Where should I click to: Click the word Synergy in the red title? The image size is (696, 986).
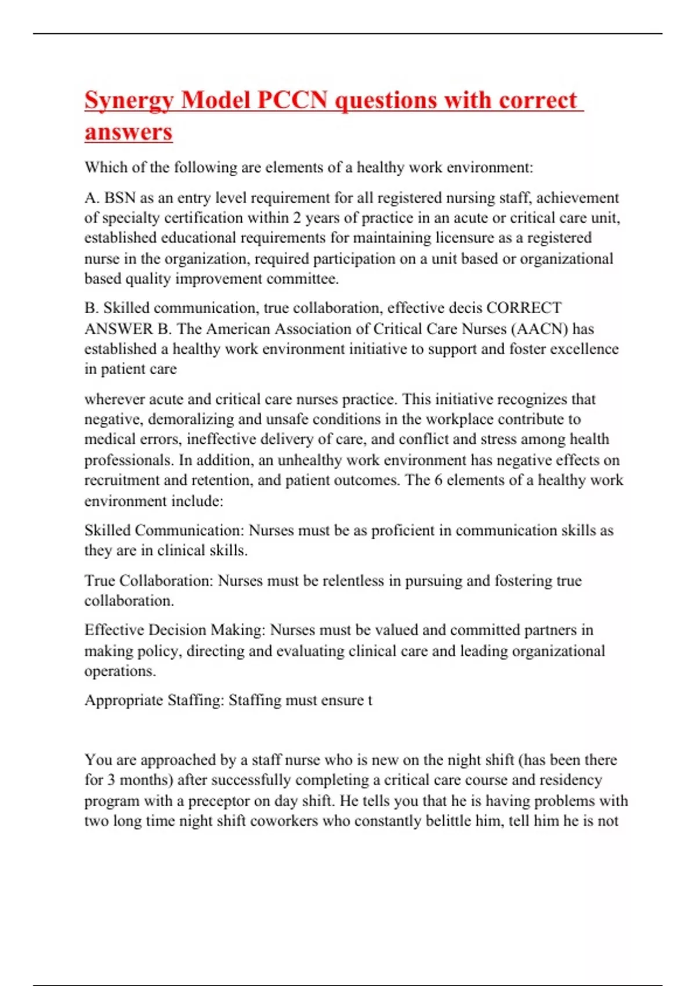(x=129, y=101)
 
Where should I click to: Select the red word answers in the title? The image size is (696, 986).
(x=128, y=132)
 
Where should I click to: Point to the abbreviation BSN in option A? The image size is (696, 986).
(x=120, y=198)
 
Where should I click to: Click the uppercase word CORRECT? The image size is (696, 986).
(x=524, y=308)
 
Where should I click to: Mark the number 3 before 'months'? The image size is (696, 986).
(x=110, y=780)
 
